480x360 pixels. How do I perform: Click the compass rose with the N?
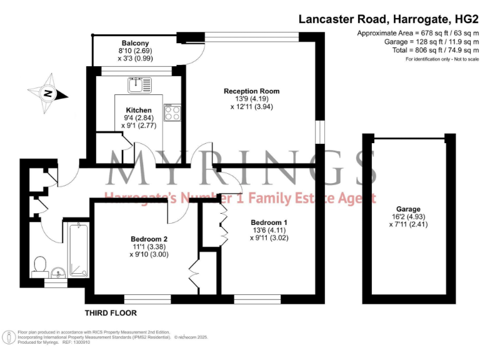[47, 94]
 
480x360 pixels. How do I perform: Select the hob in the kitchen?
[172, 112]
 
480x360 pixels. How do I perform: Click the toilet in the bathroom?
[41, 264]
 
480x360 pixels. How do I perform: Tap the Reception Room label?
[251, 91]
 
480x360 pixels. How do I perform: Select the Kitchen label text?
[138, 109]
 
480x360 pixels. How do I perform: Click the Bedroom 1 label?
[269, 222]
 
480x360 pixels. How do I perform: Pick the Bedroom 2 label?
[149, 239]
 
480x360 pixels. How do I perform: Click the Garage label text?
[407, 209]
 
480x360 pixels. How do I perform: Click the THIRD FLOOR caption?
[111, 312]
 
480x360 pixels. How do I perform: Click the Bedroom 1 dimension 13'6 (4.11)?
[269, 230]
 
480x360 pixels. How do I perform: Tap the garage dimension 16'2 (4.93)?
[407, 216]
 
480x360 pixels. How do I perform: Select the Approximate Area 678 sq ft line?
[418, 33]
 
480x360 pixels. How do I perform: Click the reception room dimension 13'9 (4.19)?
[251, 99]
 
